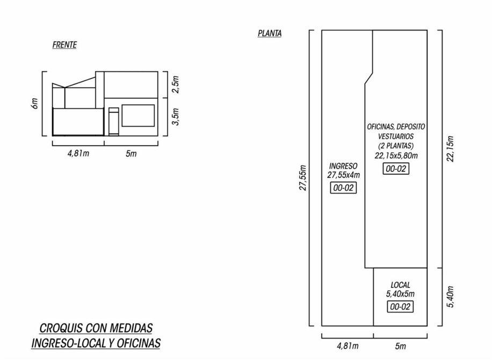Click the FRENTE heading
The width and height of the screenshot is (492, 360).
pyautogui.click(x=64, y=45)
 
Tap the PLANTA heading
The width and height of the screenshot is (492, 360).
pyautogui.click(x=270, y=33)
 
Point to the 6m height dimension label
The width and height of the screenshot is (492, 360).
pyautogui.click(x=34, y=104)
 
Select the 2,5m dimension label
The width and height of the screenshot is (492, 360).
pyautogui.click(x=176, y=84)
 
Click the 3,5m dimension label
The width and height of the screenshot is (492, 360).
pyautogui.click(x=176, y=117)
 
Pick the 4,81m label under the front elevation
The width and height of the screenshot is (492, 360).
pyautogui.click(x=78, y=154)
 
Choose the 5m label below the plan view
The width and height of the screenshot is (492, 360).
pyautogui.click(x=400, y=346)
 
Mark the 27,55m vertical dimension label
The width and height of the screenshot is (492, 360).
pyautogui.click(x=302, y=177)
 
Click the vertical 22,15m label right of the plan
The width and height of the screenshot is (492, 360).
pyautogui.click(x=450, y=148)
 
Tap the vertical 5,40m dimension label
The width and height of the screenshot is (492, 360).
pyautogui.click(x=450, y=297)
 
